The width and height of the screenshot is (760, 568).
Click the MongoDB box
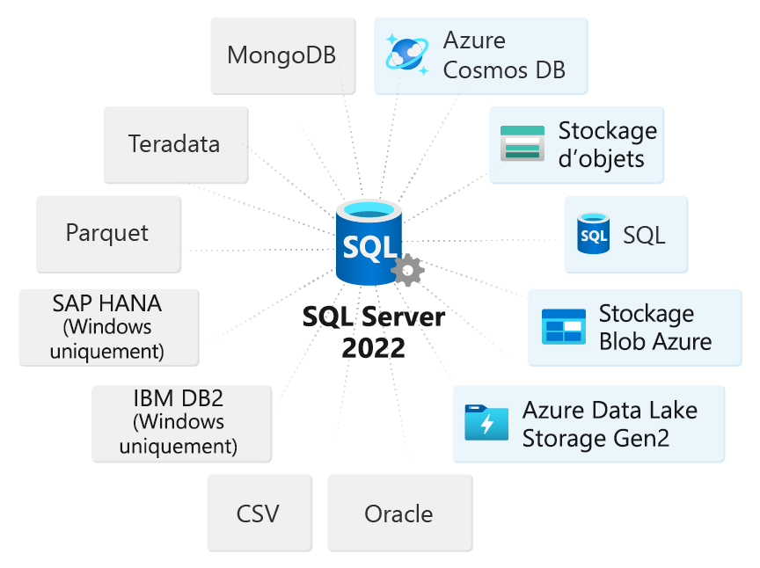coord(282,55)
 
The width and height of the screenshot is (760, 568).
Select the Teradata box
coord(175,144)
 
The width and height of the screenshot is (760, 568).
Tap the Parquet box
coord(107,233)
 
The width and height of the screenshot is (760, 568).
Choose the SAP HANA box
coord(108,327)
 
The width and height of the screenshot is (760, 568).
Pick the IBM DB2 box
coord(180,422)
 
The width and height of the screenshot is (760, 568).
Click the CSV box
coord(259,513)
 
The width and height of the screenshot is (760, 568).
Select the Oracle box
coord(398,513)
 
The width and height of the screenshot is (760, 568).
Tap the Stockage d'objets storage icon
coord(522,144)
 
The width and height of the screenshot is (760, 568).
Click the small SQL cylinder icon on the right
coord(593,234)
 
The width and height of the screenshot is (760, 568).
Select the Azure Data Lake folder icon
coord(486,423)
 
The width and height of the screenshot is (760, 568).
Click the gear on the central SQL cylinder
coord(407,269)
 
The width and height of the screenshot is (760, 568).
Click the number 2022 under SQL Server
coord(374,348)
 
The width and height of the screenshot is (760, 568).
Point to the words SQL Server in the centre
coord(374,317)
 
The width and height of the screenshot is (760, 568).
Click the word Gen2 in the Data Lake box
coord(639,437)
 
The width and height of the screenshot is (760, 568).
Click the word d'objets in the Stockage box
coord(601,158)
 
